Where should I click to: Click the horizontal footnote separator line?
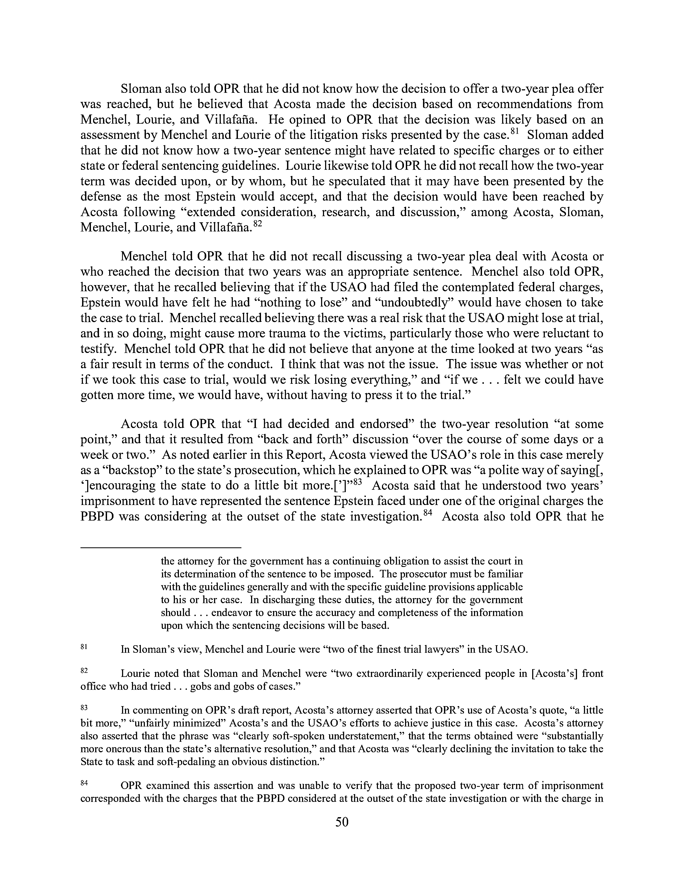(161, 548)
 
